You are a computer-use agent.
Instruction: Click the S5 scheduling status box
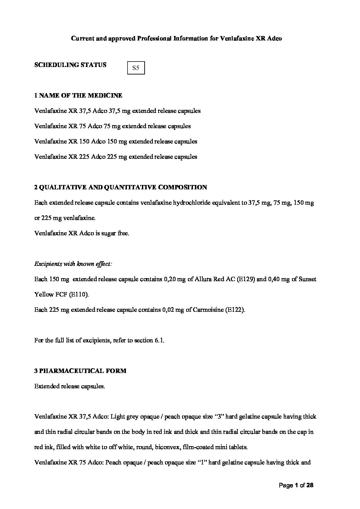tap(136, 68)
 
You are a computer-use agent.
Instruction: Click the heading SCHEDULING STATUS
tap(70, 65)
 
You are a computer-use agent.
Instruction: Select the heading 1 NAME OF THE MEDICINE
tap(78, 96)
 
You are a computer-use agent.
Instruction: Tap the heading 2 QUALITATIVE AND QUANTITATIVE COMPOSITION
tap(120, 187)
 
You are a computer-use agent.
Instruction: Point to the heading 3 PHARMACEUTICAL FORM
tap(80, 371)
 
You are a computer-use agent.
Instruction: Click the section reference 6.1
tap(160, 340)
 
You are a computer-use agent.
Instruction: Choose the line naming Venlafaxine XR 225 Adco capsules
tap(116, 157)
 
